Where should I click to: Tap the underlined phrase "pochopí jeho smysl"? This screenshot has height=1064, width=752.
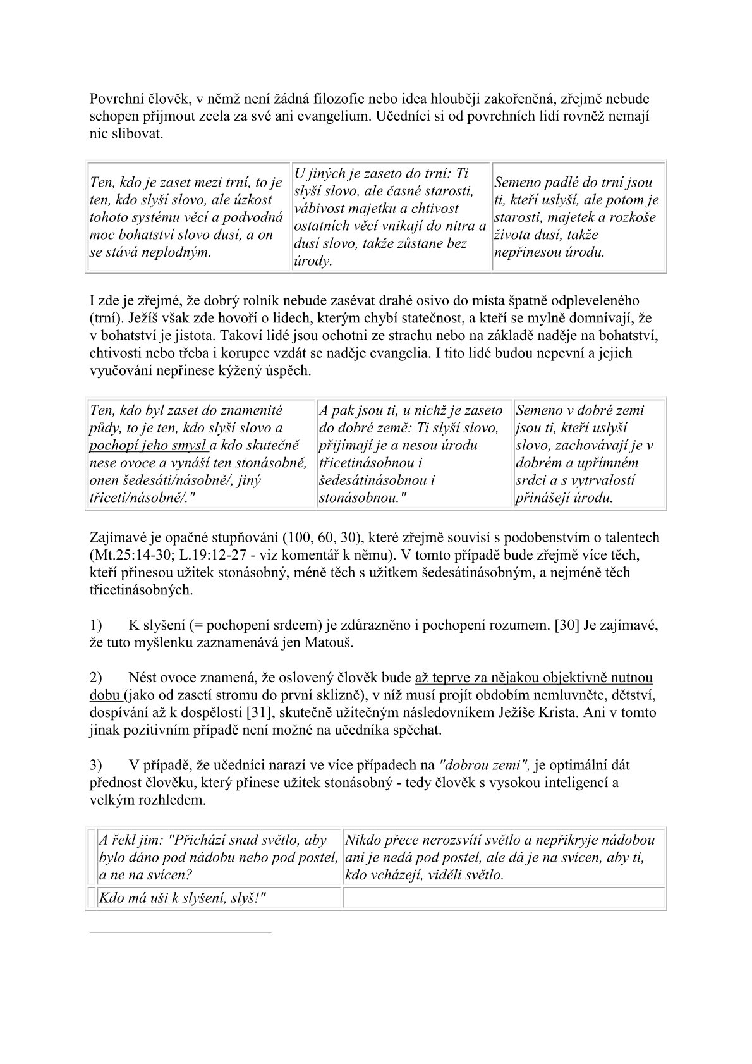coord(150,445)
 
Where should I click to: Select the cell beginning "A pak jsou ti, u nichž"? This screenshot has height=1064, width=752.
coord(414,454)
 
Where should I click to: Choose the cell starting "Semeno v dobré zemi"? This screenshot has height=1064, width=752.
coord(590,454)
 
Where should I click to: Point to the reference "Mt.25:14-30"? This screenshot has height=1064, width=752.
coord(128,556)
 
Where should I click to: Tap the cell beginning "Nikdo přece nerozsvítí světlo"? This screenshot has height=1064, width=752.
coord(504,858)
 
